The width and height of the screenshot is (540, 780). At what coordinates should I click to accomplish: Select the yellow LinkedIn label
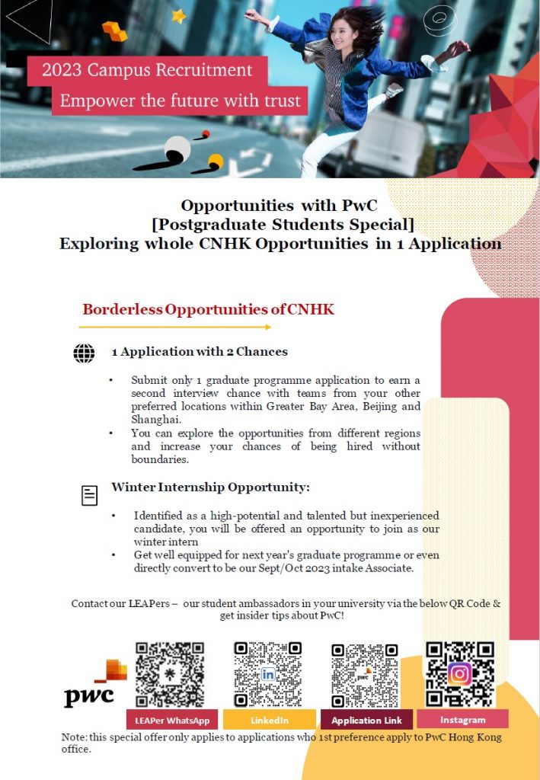(269, 720)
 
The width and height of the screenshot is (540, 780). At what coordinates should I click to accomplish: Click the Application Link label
(366, 720)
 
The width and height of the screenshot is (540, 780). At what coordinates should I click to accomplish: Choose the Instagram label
(462, 720)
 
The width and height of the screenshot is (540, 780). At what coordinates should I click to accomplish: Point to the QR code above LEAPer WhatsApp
(170, 675)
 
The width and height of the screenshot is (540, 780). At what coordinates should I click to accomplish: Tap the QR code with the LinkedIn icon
(268, 675)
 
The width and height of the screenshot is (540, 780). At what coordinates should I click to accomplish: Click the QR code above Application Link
(365, 675)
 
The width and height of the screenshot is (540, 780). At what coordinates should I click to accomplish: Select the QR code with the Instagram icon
(460, 674)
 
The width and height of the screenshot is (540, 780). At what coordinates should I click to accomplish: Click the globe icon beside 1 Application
(84, 353)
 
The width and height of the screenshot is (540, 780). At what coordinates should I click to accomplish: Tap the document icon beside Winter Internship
(90, 495)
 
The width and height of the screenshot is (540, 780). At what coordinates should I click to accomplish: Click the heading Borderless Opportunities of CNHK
(208, 310)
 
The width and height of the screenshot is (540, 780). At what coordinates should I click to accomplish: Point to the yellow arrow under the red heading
(174, 328)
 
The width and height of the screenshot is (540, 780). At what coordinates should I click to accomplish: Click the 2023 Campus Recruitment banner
(147, 71)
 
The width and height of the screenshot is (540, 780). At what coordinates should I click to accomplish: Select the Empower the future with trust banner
(181, 101)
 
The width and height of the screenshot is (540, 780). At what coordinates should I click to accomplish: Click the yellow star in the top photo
(179, 16)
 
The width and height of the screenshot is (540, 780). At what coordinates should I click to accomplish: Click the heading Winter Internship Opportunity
(210, 487)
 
